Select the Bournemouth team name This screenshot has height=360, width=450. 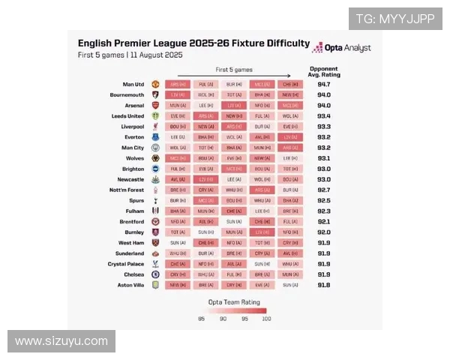pos(127,95)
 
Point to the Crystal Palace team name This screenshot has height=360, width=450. pos(124,264)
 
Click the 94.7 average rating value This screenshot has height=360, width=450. pos(323,85)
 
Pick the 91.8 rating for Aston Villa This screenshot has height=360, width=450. pos(323,285)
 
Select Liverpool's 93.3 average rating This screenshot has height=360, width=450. pos(323,127)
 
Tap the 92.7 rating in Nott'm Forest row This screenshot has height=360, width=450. pos(323,190)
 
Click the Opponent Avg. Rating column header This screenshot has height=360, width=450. pos(323,71)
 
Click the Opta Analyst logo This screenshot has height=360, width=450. pos(340,47)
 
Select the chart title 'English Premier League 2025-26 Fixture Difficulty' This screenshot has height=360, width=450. pos(193,43)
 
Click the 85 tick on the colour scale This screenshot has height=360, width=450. pos(201,319)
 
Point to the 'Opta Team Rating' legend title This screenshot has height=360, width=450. pos(232,301)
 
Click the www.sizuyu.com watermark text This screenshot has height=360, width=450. pos(61,341)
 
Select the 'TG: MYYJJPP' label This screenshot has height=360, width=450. pos(394,19)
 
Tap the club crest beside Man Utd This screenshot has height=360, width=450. pos(155,85)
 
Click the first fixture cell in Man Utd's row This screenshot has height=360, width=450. pos(178,85)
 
